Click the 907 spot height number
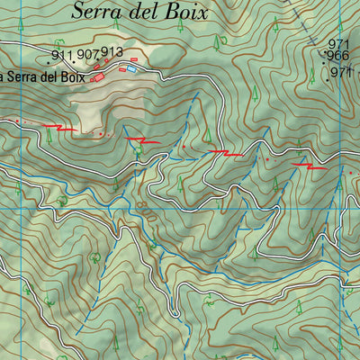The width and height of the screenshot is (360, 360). coord(87,54)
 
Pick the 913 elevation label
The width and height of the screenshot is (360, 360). coord(112,51)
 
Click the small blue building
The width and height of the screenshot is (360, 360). coord(132,68)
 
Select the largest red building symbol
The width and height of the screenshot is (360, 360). coord(99,77)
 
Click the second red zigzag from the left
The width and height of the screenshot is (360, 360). coord(146,140)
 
